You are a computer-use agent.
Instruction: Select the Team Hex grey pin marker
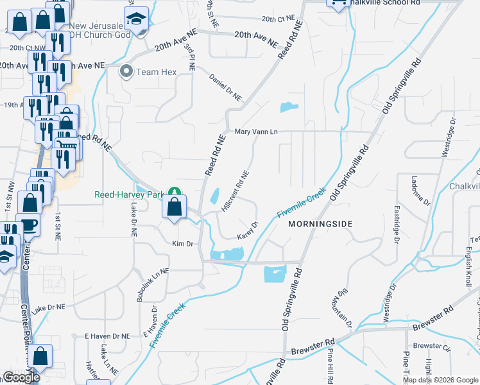coord(126,71)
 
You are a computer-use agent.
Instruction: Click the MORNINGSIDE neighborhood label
coord(321,223)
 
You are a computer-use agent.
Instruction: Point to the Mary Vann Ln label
coord(255,132)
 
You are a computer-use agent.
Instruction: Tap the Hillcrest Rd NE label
coord(235,191)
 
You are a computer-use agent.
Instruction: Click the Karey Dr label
coord(248,230)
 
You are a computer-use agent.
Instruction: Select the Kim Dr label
coord(182,244)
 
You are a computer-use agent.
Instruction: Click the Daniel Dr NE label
coord(225,87)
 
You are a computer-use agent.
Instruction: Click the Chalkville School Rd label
coord(389,3)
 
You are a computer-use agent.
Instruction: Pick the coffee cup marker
coord(29,225)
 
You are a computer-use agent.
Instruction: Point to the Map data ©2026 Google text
coord(440,380)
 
